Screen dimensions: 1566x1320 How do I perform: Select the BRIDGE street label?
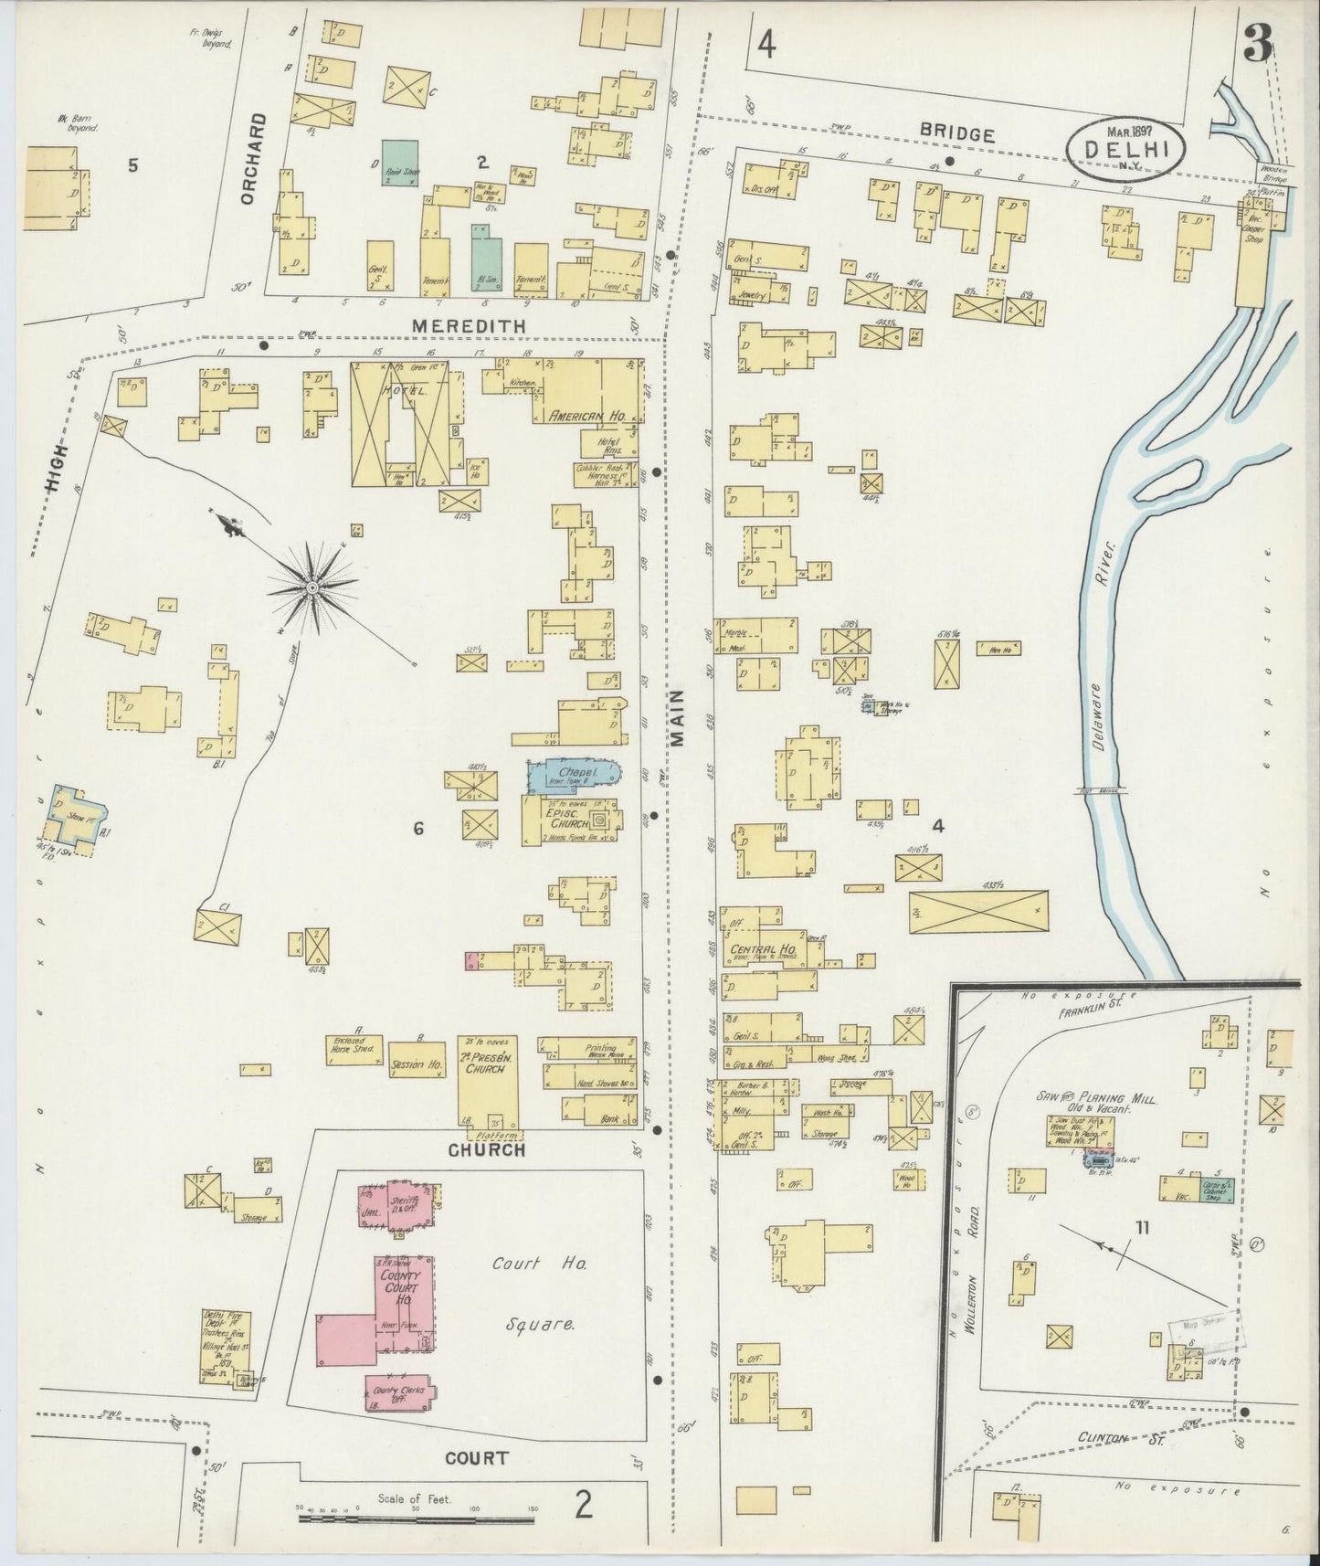pos(956,134)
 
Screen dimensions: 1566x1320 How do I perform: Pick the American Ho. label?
pos(586,416)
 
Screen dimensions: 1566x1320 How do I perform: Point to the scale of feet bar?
pos(416,1520)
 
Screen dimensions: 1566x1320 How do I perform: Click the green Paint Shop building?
pos(400,162)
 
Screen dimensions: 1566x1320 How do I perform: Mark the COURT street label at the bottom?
pos(476,1458)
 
